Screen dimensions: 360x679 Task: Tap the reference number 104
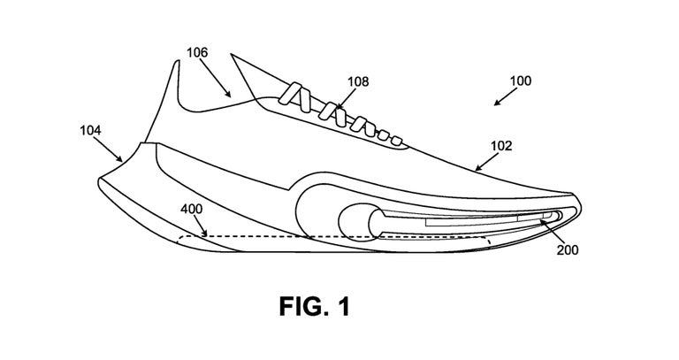(x=91, y=129)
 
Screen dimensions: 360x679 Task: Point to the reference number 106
(x=197, y=53)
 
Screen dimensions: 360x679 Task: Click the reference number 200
(x=568, y=249)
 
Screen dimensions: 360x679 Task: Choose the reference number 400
(x=191, y=210)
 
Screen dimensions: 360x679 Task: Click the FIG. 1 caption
(x=314, y=307)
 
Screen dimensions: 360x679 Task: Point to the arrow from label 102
(x=484, y=160)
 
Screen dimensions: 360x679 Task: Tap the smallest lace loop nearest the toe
(x=397, y=142)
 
